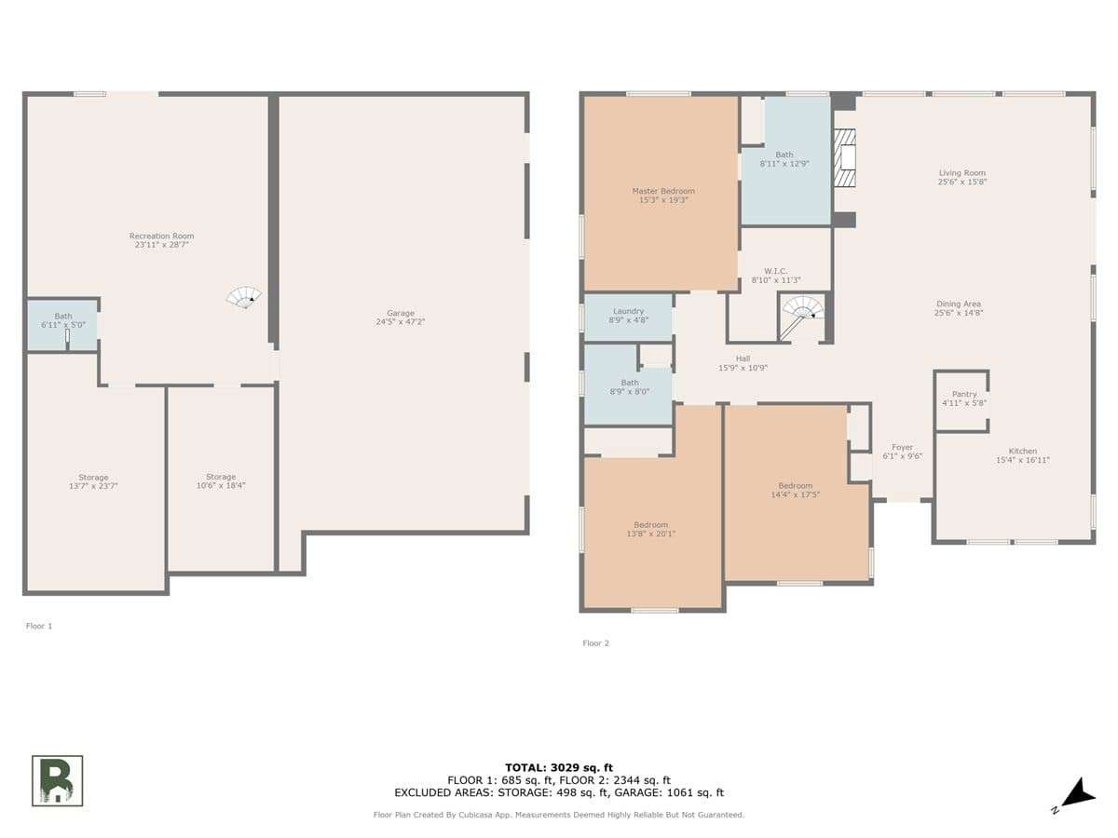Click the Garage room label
400,313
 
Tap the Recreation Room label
161,236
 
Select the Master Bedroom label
663,191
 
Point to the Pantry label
963,394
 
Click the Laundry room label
628,311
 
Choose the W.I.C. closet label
775,271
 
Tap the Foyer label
902,447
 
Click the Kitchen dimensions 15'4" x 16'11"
1022,460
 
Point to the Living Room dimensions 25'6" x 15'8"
962,182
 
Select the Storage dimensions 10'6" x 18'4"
221,485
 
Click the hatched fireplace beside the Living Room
844,157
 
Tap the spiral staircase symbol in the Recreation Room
244,297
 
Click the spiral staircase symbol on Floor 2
802,315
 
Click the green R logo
57,780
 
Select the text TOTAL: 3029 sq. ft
559,767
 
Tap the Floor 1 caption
39,626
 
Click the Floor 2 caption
595,643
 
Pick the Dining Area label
958,304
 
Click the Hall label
743,358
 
